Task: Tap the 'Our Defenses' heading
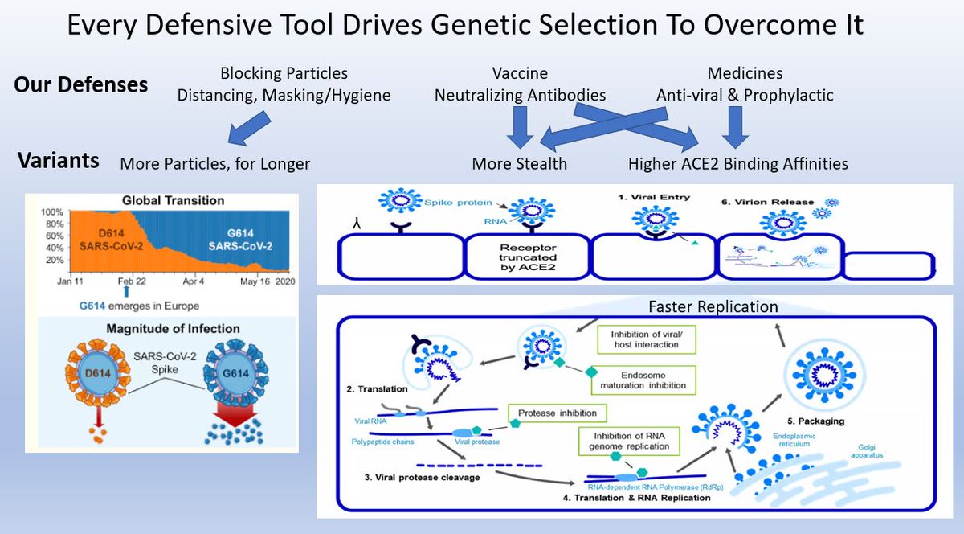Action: (x=80, y=84)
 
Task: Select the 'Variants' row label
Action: (x=59, y=160)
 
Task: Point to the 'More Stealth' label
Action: (x=520, y=164)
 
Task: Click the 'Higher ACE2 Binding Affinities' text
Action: (x=737, y=164)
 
